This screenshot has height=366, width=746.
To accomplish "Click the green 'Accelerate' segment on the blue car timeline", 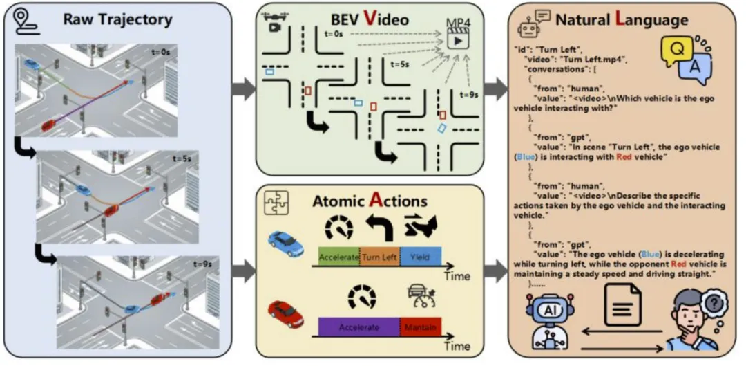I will (338, 257).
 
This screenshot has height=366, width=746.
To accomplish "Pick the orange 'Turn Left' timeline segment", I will (379, 257).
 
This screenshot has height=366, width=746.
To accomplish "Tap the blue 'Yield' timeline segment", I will (420, 257).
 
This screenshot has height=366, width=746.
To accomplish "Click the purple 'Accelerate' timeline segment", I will (358, 327).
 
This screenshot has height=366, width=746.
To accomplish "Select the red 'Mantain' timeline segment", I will (421, 327).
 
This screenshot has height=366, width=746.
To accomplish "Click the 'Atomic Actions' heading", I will (370, 202).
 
